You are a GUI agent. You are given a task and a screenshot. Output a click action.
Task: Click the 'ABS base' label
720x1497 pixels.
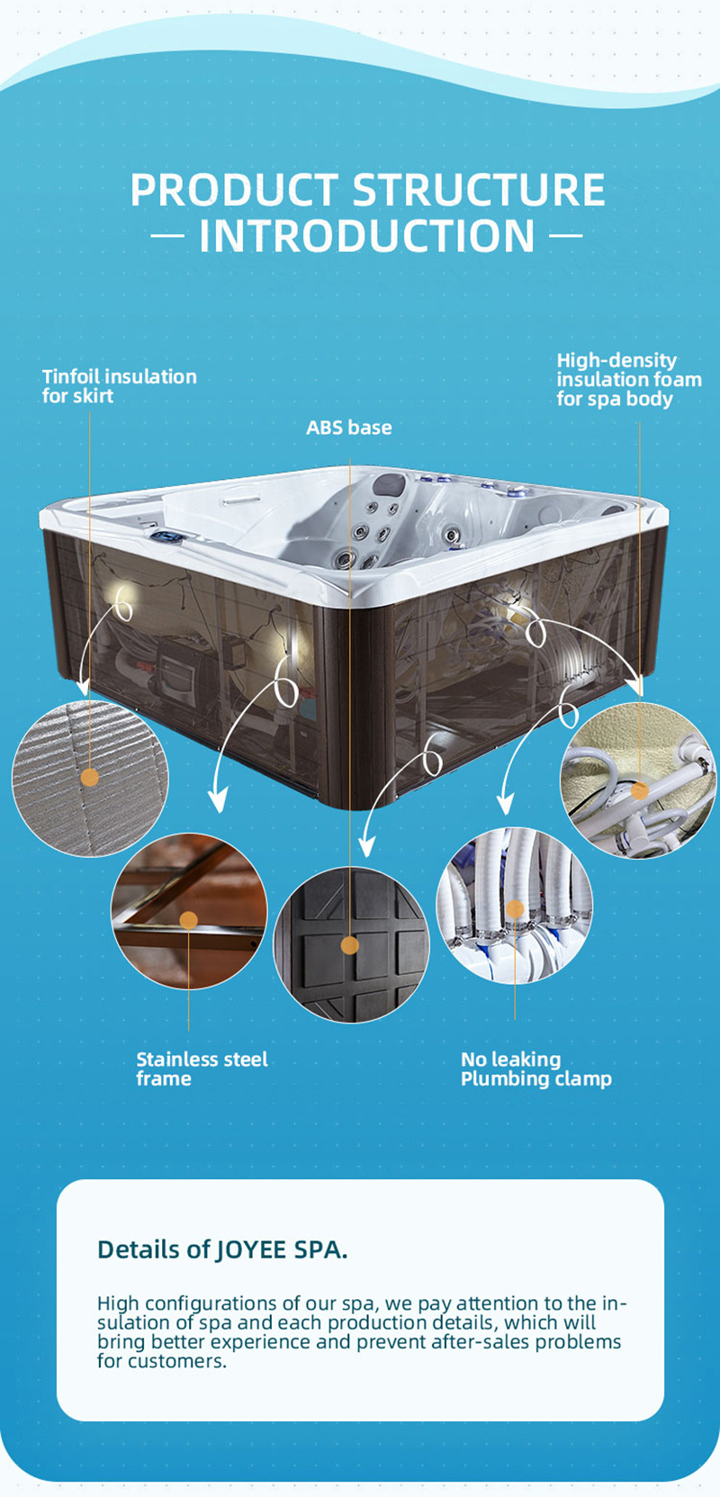(x=348, y=428)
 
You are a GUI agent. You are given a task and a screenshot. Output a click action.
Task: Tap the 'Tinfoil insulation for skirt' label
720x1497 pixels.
(x=120, y=386)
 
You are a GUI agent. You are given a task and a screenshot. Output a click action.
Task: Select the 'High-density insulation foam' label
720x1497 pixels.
(x=629, y=380)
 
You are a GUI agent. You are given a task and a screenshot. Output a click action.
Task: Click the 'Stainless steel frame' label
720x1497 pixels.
(x=202, y=1069)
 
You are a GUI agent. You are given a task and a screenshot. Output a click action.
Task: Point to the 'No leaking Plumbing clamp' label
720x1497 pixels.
(x=536, y=1069)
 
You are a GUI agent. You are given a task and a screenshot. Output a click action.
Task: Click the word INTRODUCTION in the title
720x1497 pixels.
(x=367, y=236)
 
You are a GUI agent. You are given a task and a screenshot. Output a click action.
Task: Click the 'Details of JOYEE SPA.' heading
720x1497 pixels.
(x=222, y=1249)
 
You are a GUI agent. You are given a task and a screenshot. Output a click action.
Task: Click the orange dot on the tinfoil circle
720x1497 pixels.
(x=89, y=777)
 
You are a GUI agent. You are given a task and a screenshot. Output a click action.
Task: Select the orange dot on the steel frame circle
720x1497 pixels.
(x=189, y=920)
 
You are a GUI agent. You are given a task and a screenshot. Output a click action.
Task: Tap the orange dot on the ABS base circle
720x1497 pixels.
(x=349, y=945)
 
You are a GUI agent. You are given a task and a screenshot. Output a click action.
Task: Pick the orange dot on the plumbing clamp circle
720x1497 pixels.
(x=515, y=908)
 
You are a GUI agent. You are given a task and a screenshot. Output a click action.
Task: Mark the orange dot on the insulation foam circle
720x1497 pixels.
(x=640, y=790)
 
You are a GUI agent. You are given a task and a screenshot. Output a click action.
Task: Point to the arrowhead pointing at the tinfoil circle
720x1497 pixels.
(x=82, y=686)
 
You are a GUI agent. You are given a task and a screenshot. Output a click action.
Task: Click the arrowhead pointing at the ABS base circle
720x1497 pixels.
(x=366, y=846)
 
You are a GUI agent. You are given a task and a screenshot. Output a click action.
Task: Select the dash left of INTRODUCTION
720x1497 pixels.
(x=167, y=236)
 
